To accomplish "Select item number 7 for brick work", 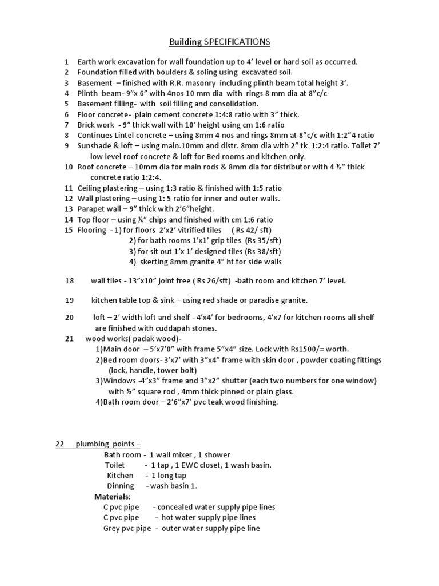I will (x=67, y=125).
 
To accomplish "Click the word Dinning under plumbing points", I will (x=121, y=485).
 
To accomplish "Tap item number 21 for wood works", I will (x=70, y=338).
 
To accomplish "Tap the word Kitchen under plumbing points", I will (x=120, y=475).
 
